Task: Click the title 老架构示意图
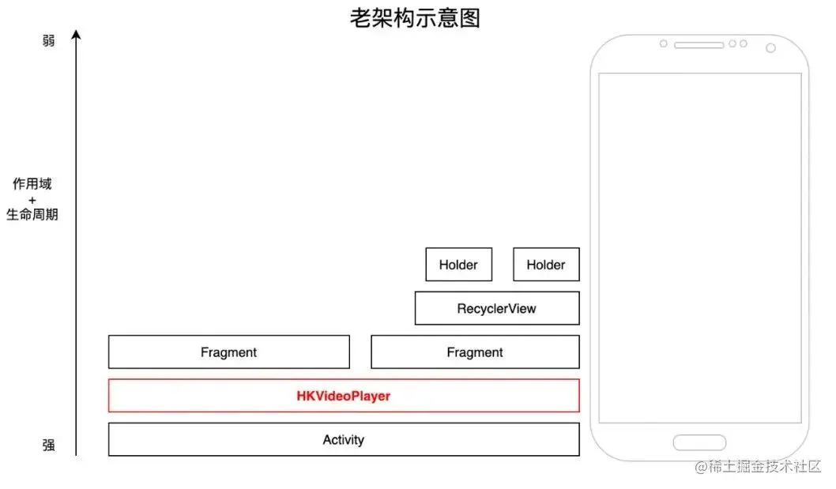tap(415, 18)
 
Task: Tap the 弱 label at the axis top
tap(49, 40)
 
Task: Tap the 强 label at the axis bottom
tap(49, 446)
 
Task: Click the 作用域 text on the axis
tap(32, 184)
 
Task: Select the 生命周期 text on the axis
tap(32, 214)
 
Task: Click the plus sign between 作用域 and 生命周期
tap(32, 199)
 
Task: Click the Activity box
tap(344, 439)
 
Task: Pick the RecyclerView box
tap(496, 308)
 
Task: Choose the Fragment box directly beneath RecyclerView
tap(474, 352)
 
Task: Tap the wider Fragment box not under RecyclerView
tap(228, 352)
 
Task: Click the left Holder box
tap(458, 265)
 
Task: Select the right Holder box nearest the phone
tap(546, 265)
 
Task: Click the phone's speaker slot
tap(699, 45)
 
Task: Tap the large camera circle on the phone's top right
tap(770, 48)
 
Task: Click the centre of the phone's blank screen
tap(699, 247)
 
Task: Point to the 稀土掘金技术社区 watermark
tap(758, 467)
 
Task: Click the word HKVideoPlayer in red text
tap(343, 396)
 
